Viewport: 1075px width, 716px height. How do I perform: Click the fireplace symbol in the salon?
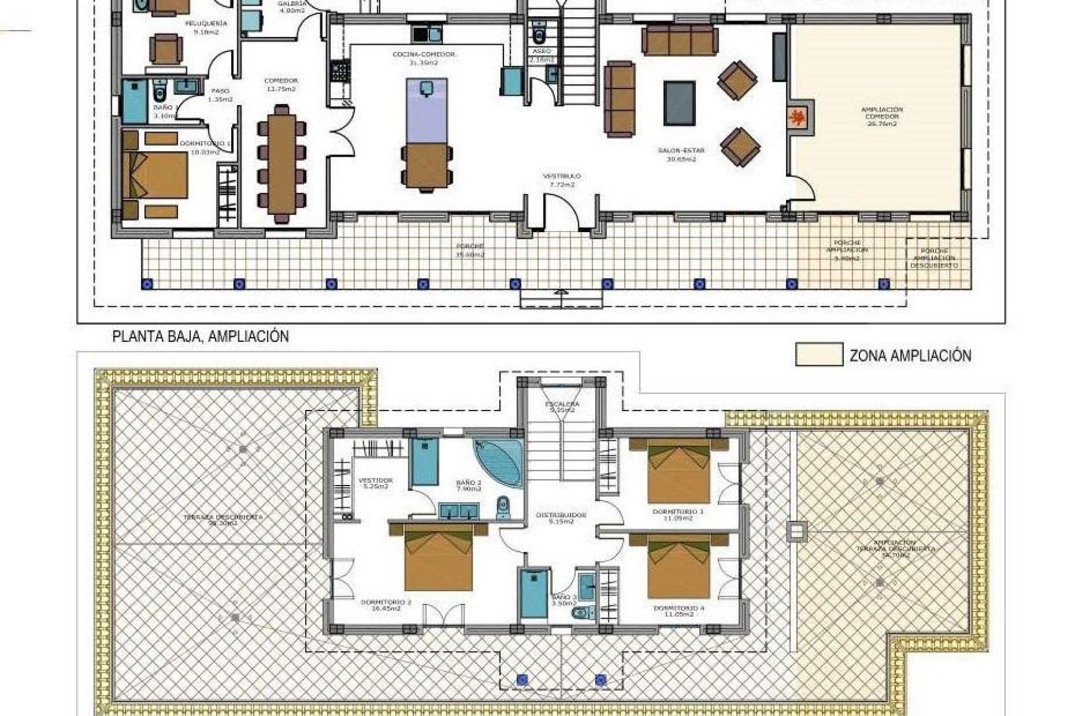coord(798,119)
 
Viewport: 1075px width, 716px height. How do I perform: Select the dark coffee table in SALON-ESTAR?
coord(680,103)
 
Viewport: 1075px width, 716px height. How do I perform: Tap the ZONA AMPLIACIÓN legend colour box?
coord(819,355)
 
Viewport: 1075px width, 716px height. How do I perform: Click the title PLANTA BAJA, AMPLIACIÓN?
coord(200,337)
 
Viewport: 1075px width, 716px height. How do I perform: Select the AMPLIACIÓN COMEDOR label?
coord(882,116)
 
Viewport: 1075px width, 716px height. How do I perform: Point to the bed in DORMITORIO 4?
coord(679,568)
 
